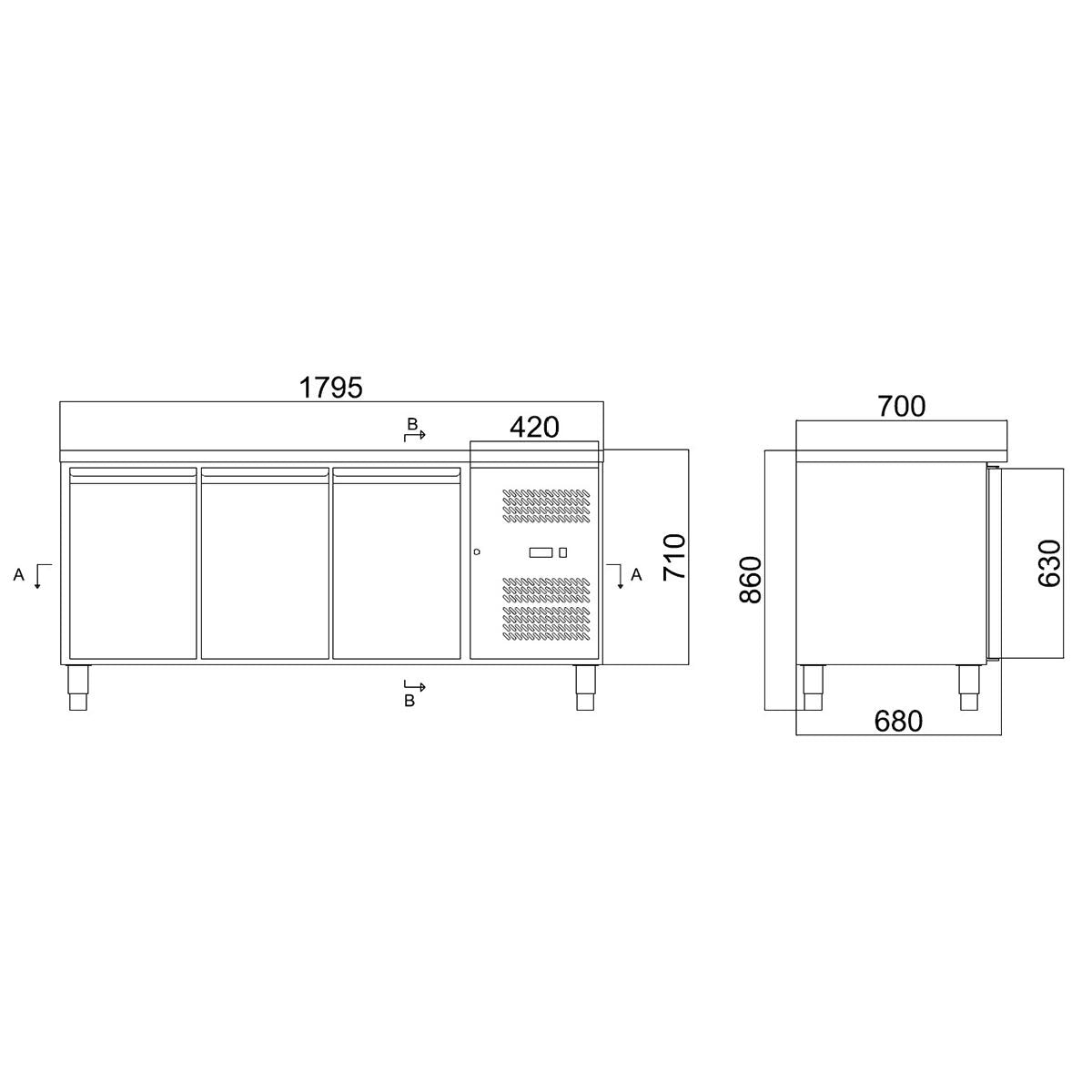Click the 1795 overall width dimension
pyautogui.click(x=331, y=388)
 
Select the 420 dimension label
pyautogui.click(x=533, y=427)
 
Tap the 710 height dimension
pyautogui.click(x=673, y=558)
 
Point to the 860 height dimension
pyautogui.click(x=750, y=579)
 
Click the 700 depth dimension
pyautogui.click(x=901, y=407)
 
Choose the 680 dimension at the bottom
pyautogui.click(x=898, y=721)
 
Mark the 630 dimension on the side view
pyautogui.click(x=1048, y=563)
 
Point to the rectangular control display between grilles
pyautogui.click(x=541, y=551)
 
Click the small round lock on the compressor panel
pyautogui.click(x=477, y=551)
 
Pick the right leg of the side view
pyautogui.click(x=967, y=688)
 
